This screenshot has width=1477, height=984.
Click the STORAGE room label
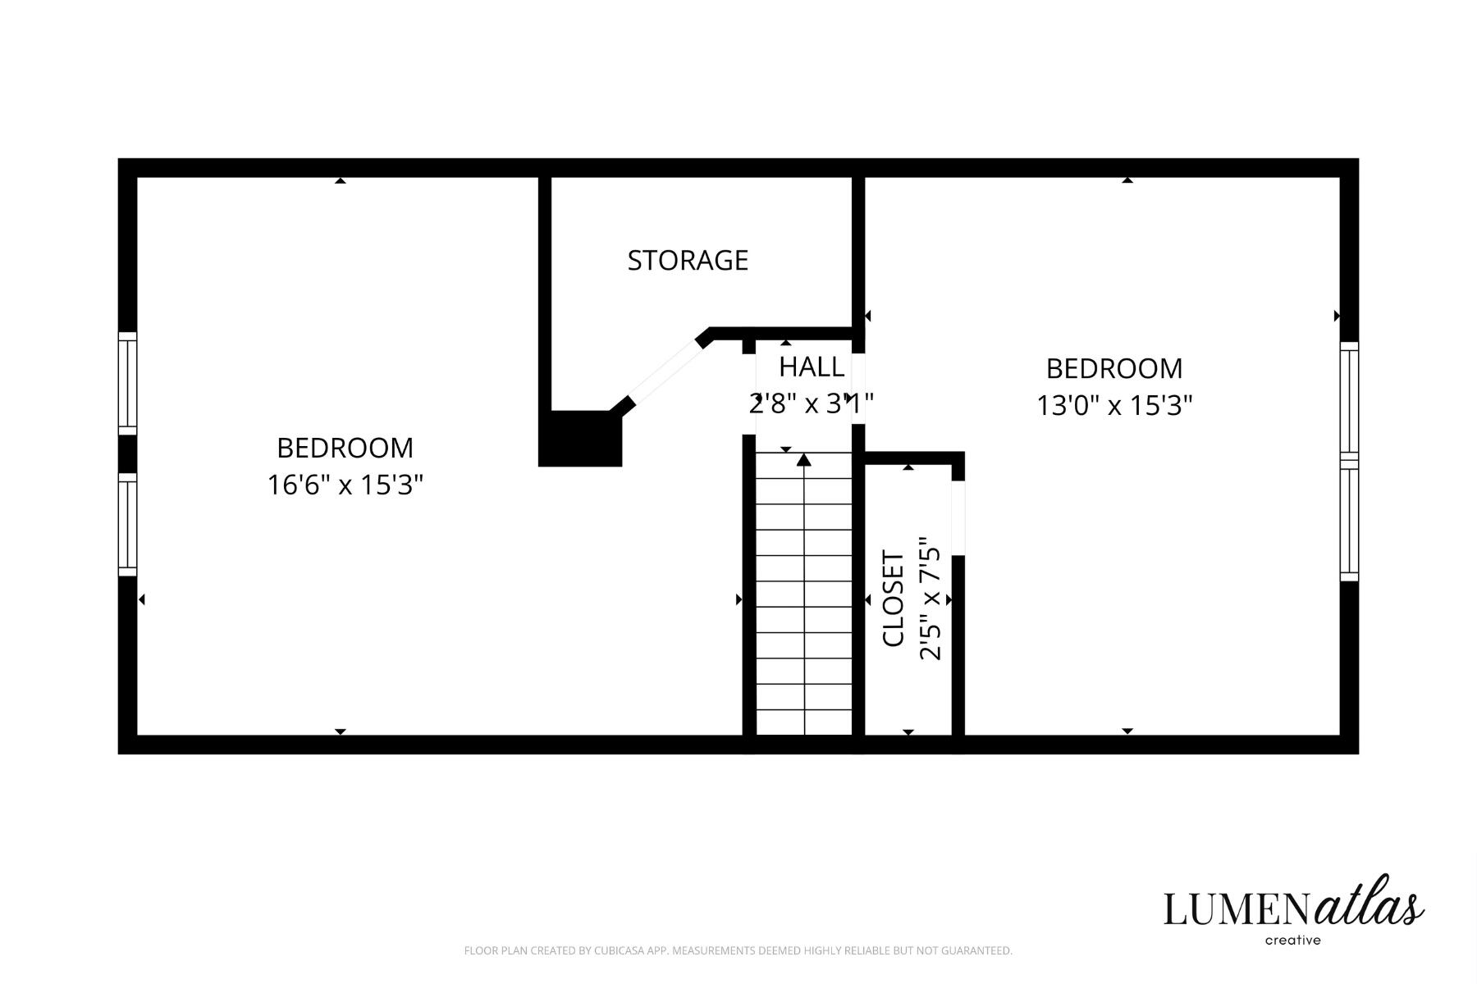(688, 260)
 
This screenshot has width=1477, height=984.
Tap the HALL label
(812, 367)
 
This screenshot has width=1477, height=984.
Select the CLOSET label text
(894, 599)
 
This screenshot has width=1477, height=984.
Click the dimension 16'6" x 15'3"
(345, 485)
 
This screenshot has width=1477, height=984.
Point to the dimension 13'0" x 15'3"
(1114, 405)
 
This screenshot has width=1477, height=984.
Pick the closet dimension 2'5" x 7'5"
(931, 599)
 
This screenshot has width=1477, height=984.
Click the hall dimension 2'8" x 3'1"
(812, 403)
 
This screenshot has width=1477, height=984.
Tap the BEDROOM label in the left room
(345, 448)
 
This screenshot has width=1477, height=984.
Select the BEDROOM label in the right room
(1114, 368)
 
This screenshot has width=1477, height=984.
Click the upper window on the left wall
(127, 383)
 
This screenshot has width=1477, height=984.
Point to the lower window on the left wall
(127, 524)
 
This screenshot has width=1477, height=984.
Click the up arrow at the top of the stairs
(804, 460)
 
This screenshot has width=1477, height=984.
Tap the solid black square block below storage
(580, 439)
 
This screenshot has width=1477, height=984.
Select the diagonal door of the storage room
(664, 374)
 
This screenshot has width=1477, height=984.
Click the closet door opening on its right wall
(958, 518)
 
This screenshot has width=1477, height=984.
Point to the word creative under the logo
(1293, 941)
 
